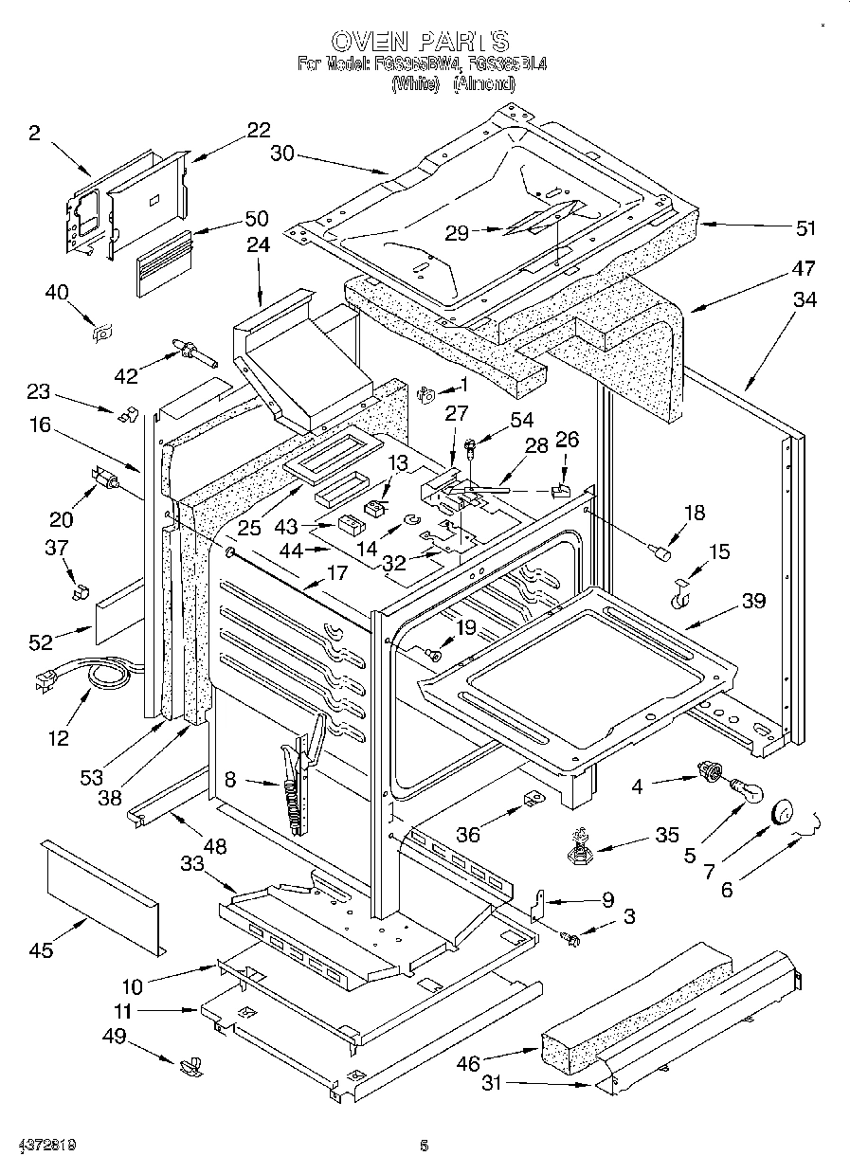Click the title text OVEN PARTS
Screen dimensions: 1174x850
(420, 41)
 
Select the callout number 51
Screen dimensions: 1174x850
(805, 228)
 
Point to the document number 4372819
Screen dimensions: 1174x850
(39, 1146)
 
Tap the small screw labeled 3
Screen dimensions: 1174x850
(571, 937)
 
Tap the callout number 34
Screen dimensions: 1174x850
(805, 299)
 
